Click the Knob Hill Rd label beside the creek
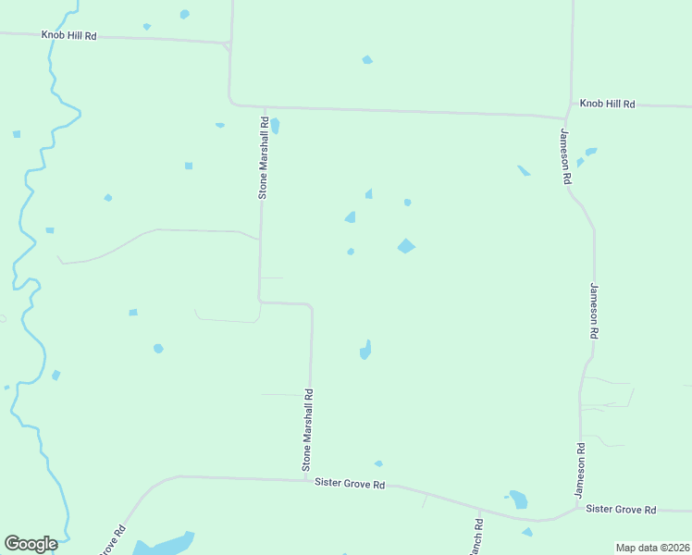coord(68,34)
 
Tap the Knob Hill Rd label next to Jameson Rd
coord(607,105)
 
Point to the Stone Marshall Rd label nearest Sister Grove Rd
coord(307,430)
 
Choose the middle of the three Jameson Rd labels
coord(594,311)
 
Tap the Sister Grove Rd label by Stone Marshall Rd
coord(350,483)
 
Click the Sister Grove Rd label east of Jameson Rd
coord(621,510)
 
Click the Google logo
coord(31,544)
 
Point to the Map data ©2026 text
coord(652,548)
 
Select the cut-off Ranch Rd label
coord(476,536)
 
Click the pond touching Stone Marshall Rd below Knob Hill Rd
coord(275,126)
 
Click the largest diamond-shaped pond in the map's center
coord(406,246)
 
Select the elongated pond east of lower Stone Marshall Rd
coord(365,350)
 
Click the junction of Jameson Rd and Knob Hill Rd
coord(565,117)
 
